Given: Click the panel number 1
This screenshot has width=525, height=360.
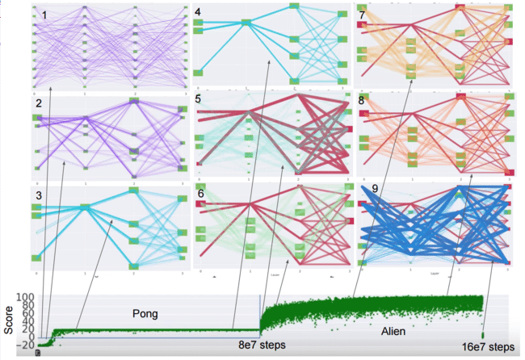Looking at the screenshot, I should click(x=45, y=15).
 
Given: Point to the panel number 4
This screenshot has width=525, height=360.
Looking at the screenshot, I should click(x=198, y=14).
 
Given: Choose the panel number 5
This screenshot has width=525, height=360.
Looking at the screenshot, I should click(x=199, y=100).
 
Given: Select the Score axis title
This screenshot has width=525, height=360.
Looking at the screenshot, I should click(x=8, y=319).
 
